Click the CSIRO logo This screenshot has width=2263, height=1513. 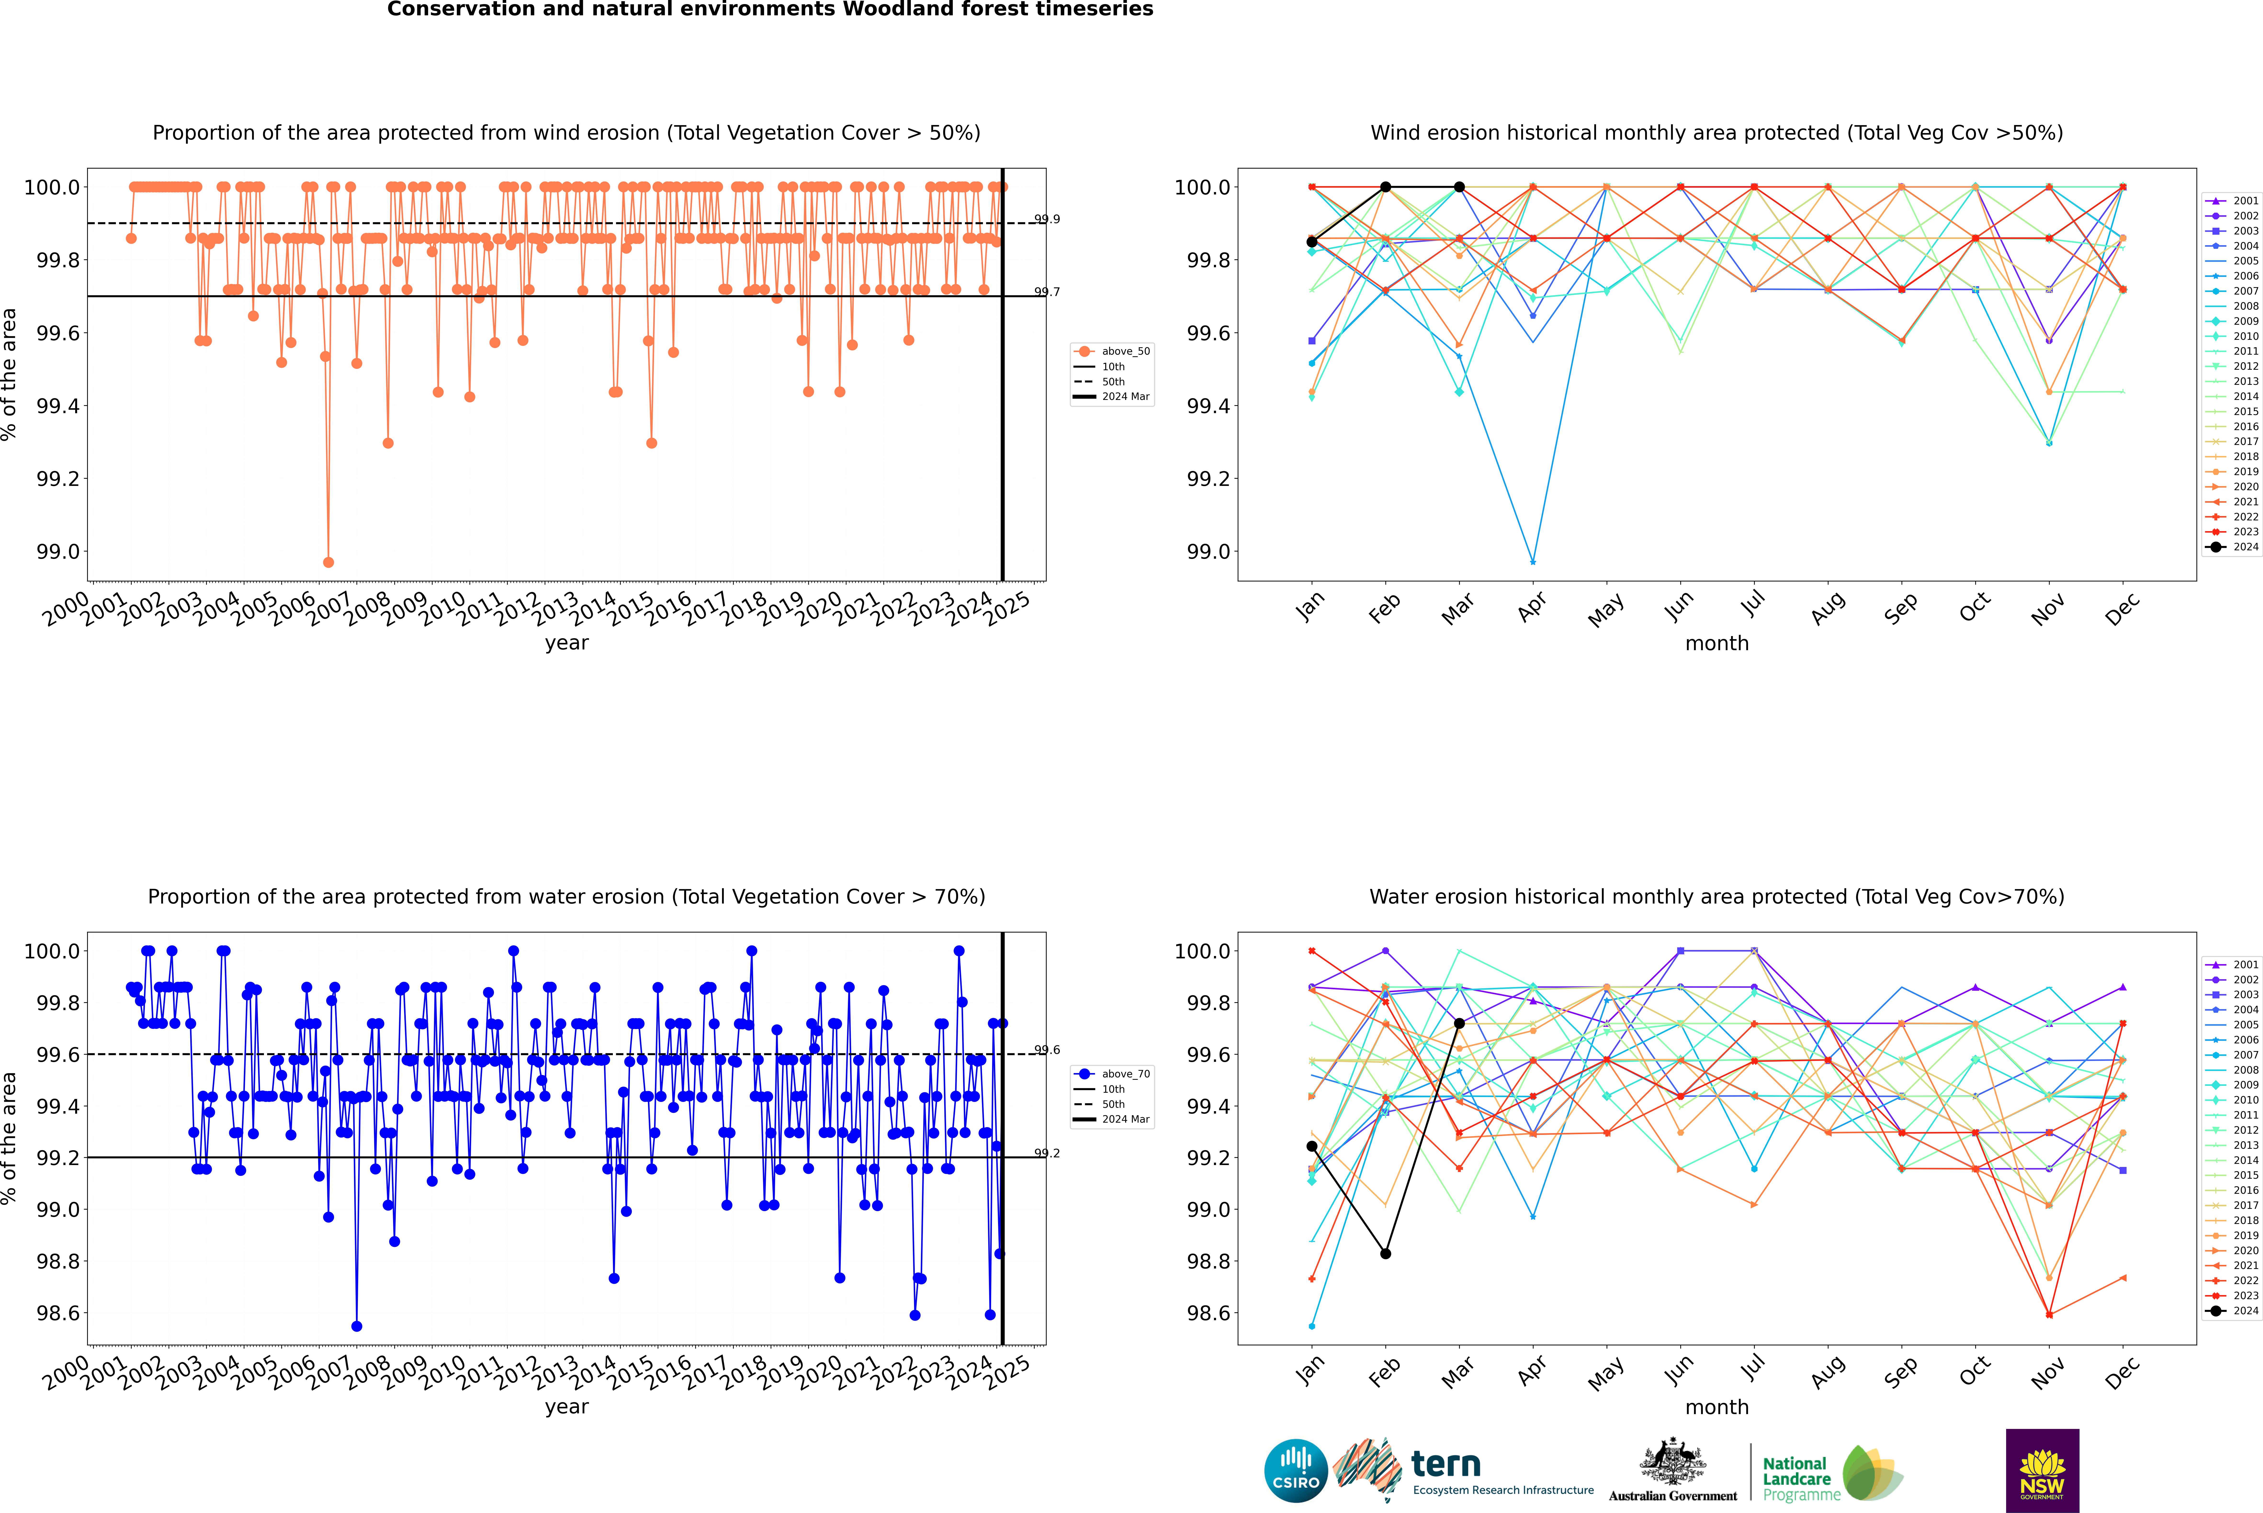pyautogui.click(x=1296, y=1471)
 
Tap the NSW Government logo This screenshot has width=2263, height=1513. pyautogui.click(x=2042, y=1471)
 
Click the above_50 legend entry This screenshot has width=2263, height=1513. pyautogui.click(x=1111, y=351)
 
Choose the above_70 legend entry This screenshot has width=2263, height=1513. pyautogui.click(x=1111, y=1074)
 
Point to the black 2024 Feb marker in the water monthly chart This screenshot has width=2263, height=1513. pyautogui.click(x=1385, y=1253)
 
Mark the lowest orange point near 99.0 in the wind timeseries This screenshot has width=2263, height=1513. pyautogui.click(x=329, y=563)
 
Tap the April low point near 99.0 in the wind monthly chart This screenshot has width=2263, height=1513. pyautogui.click(x=1533, y=562)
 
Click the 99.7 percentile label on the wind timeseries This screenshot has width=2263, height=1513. pyautogui.click(x=1047, y=291)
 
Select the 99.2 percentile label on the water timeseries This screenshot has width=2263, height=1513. pyautogui.click(x=1047, y=1153)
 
